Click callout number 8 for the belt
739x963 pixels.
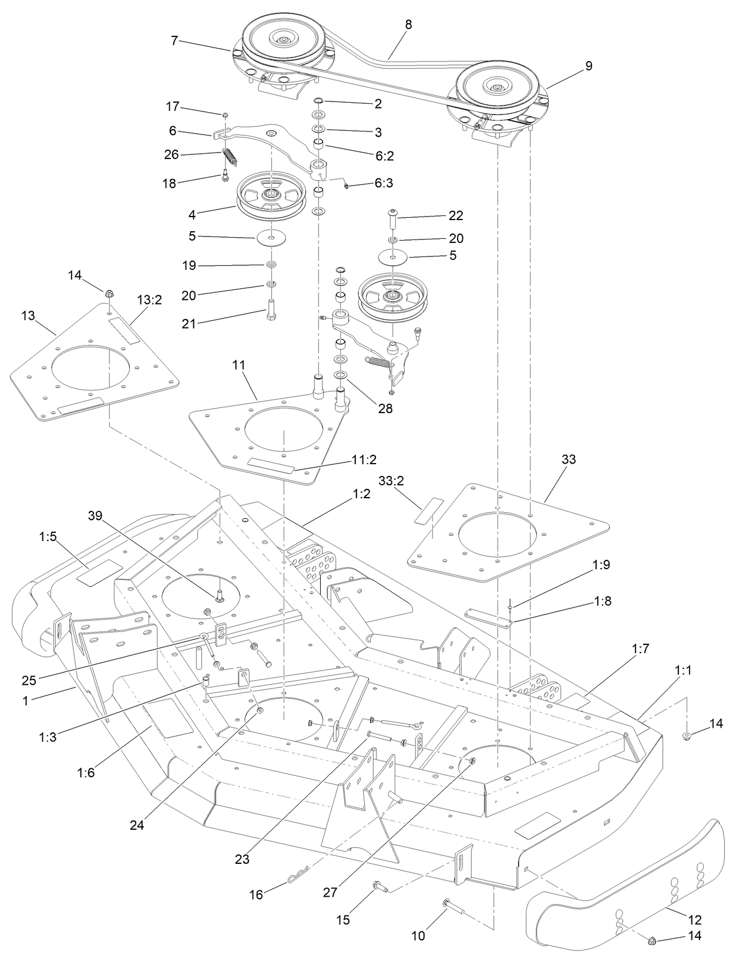[x=408, y=25]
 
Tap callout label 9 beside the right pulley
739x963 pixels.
[x=588, y=66]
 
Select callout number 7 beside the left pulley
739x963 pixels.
[x=174, y=40]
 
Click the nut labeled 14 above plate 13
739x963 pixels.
[x=109, y=293]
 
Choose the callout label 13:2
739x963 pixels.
[x=149, y=300]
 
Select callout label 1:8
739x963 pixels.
[x=602, y=601]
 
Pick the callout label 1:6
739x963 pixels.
[x=85, y=773]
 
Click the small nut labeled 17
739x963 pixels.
[x=225, y=115]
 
